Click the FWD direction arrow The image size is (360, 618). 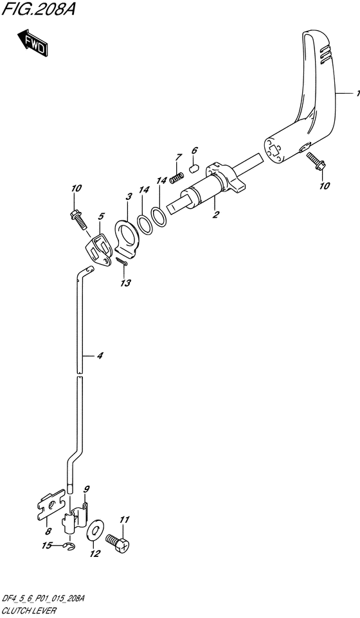(32, 42)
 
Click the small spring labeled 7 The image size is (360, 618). (176, 178)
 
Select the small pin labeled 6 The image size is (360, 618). (193, 169)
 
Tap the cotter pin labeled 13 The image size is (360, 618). (122, 261)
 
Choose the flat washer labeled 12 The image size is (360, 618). (94, 533)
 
